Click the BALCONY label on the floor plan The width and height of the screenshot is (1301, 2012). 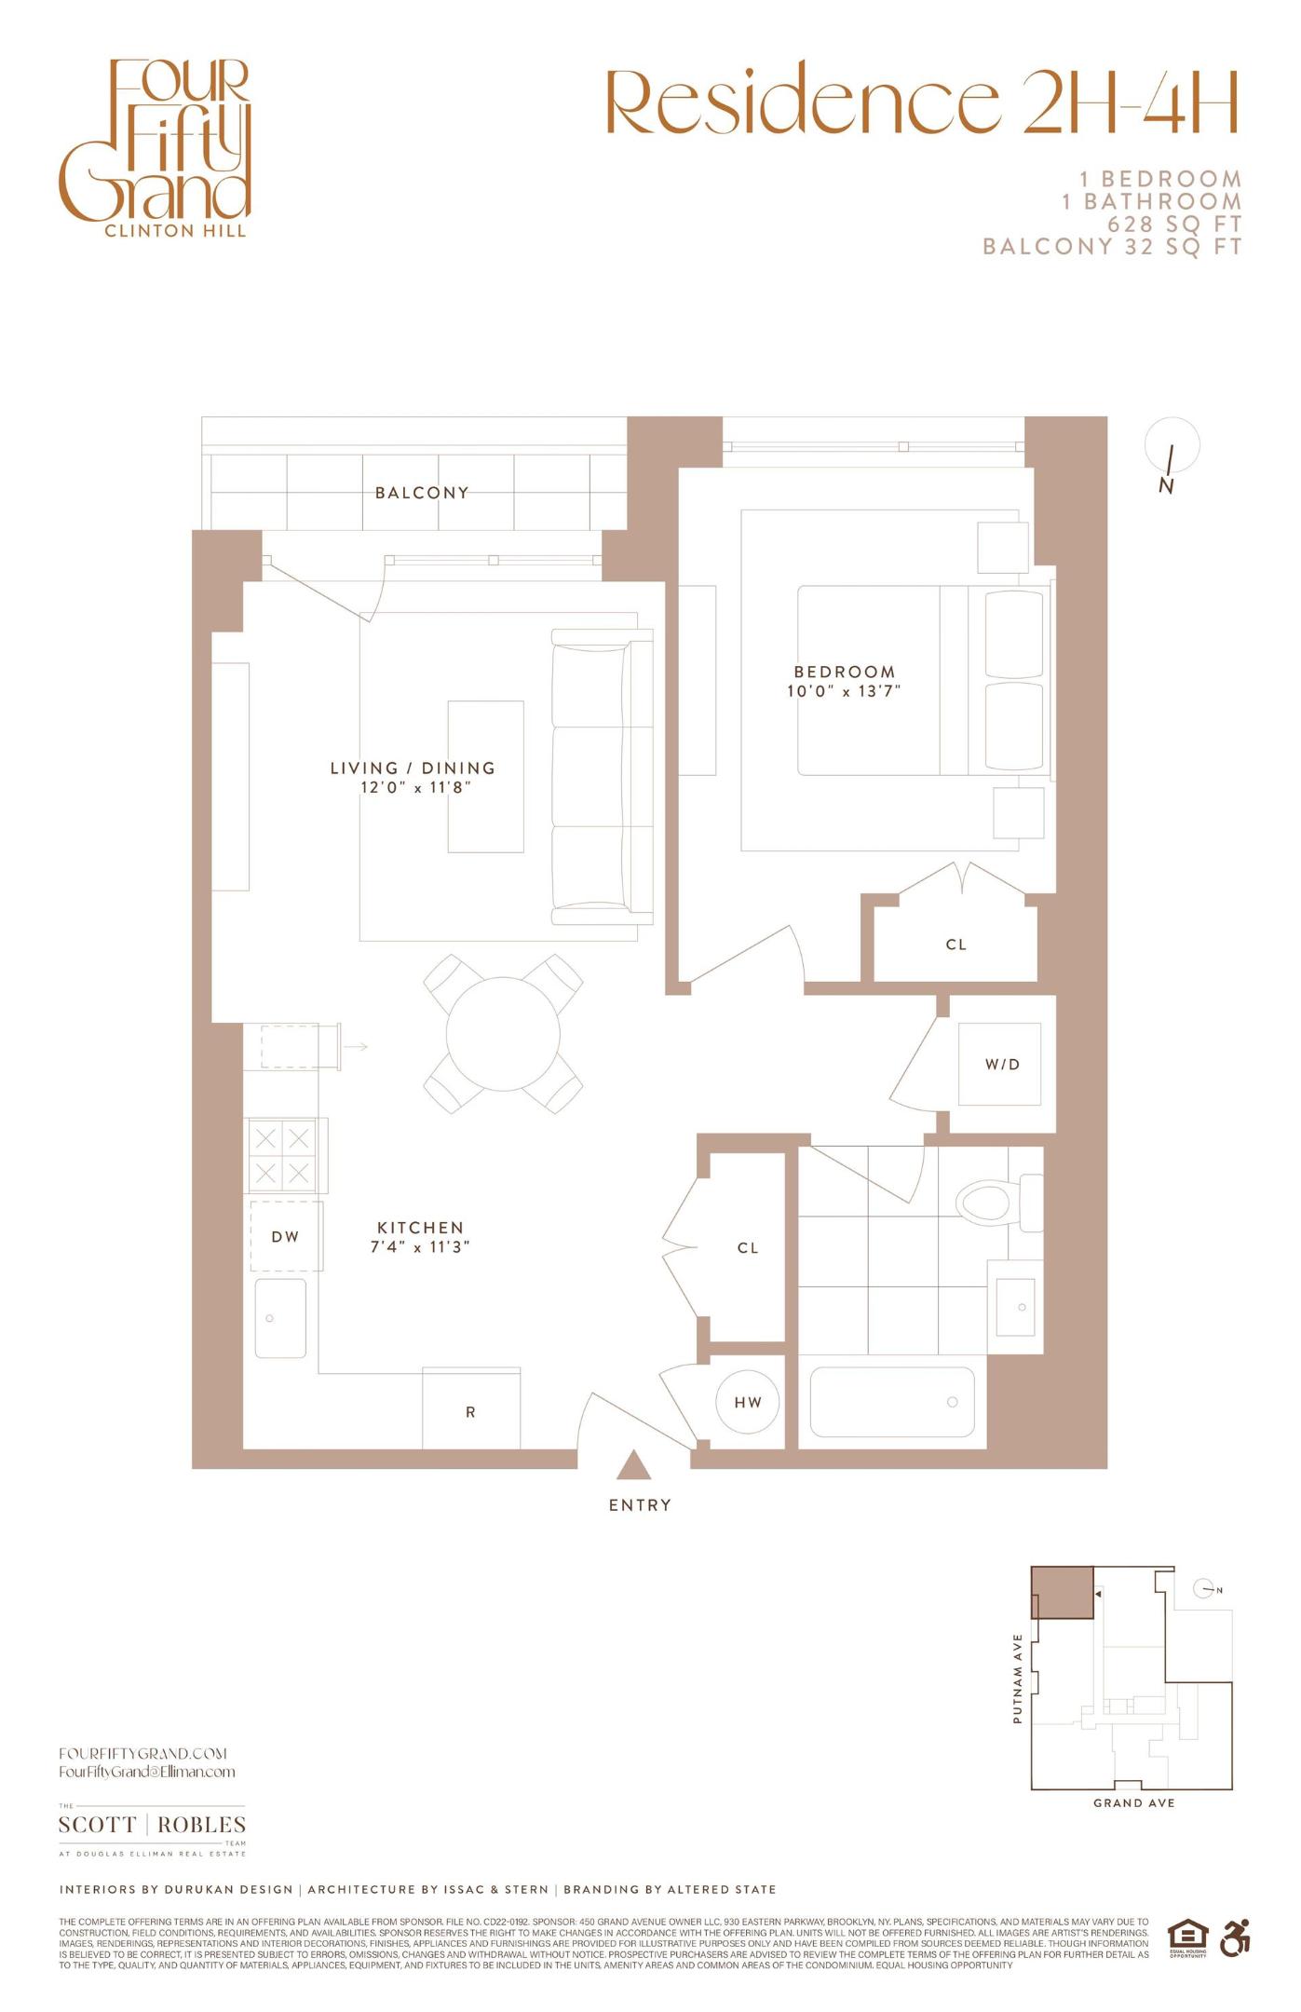[x=421, y=493]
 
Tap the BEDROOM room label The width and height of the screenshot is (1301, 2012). [x=844, y=672]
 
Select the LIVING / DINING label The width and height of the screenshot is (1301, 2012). [x=413, y=768]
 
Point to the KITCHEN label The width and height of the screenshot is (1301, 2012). [x=420, y=1228]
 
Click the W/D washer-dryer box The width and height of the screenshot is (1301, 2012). [x=1002, y=1064]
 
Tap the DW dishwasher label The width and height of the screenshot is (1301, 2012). [x=285, y=1237]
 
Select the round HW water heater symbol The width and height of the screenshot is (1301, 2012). [x=748, y=1402]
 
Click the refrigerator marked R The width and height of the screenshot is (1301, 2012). [x=470, y=1412]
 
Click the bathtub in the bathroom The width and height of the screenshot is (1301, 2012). [x=891, y=1402]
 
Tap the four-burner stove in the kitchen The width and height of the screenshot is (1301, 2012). [x=281, y=1155]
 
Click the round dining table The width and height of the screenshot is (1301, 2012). [x=503, y=1034]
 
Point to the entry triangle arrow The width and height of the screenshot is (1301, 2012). [x=634, y=1465]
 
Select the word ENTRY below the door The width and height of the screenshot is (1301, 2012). [x=640, y=1505]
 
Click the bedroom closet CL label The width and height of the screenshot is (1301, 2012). [x=956, y=945]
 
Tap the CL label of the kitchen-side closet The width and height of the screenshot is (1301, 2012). [x=748, y=1248]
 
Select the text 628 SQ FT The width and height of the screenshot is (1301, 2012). [x=1174, y=224]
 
